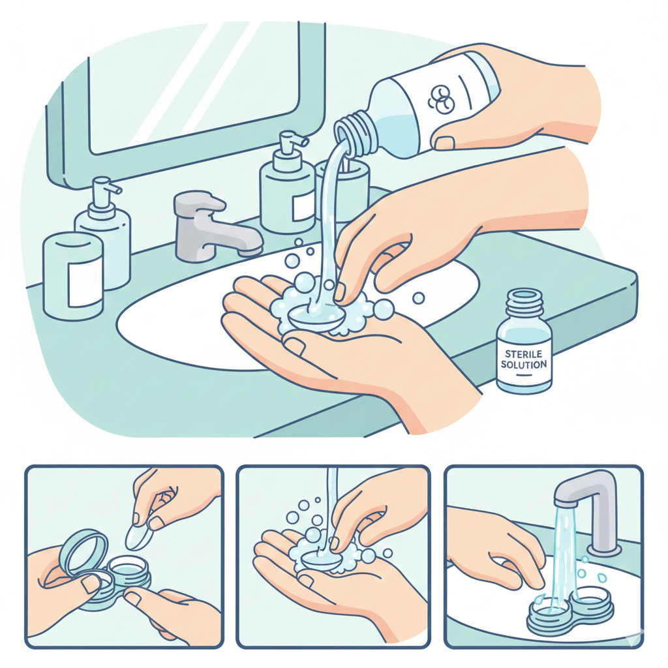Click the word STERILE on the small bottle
point(524,354)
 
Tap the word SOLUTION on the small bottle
point(524,364)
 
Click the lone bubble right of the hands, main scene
point(419,297)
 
